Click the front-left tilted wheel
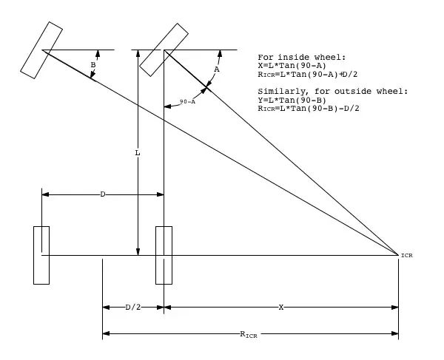coord(42,50)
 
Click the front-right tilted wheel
coord(164,50)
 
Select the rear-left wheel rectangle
coord(41,254)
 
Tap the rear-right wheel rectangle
coord(164,254)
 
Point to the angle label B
coord(92,65)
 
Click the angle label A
coord(216,69)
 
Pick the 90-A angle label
coord(187,102)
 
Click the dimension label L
coord(138,154)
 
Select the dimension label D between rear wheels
coord(103,194)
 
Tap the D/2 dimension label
coord(133,307)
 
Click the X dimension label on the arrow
coord(281,307)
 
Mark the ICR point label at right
coord(406,256)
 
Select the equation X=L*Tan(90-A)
coord(293,65)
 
